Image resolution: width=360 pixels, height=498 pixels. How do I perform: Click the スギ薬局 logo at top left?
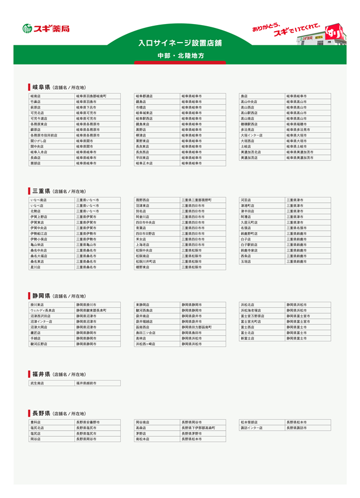(46, 28)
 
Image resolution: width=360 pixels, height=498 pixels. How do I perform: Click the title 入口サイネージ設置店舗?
(180, 43)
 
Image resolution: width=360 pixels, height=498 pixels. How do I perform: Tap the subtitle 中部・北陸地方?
(180, 56)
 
